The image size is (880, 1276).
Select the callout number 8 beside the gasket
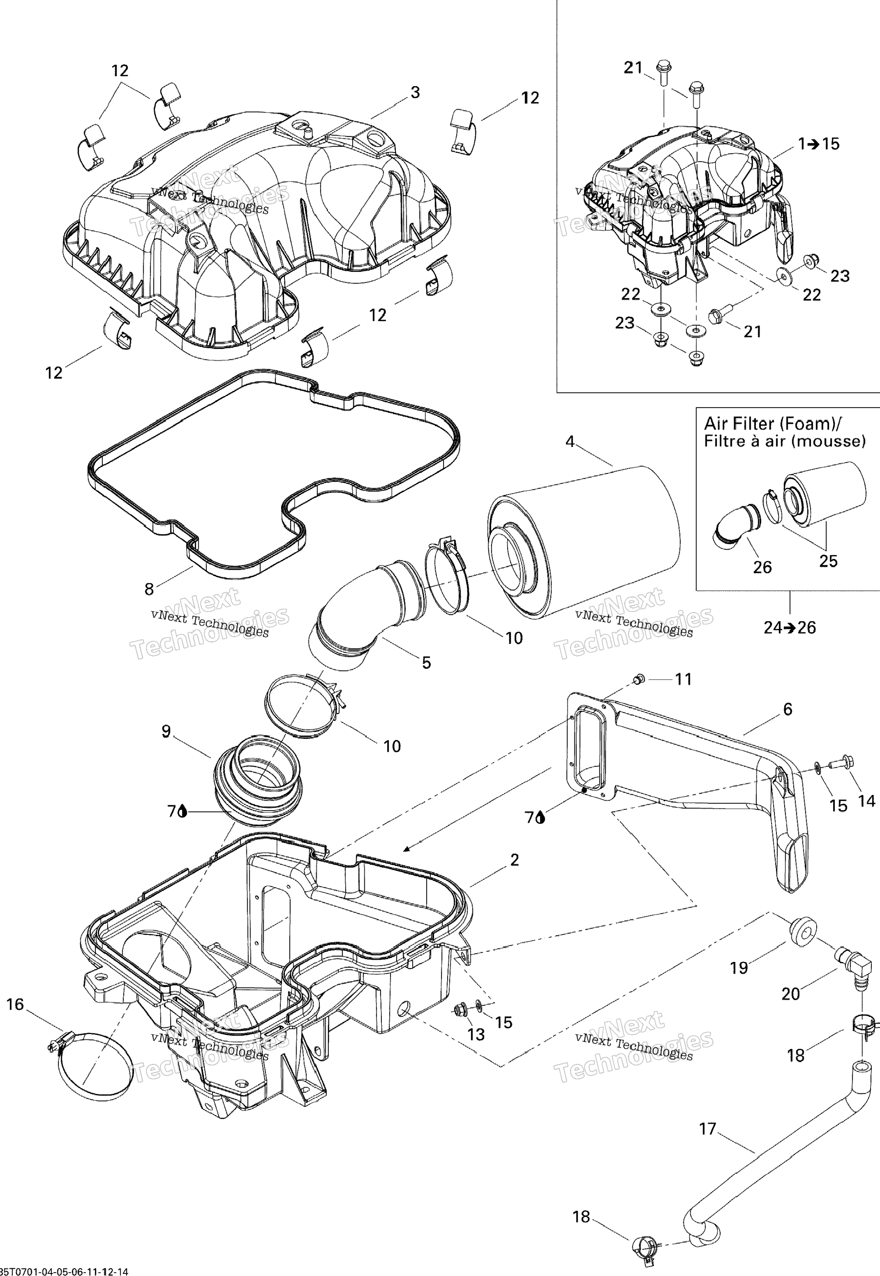tap(149, 589)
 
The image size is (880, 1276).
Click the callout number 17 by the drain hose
tap(707, 1130)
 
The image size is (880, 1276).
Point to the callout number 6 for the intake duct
tap(787, 709)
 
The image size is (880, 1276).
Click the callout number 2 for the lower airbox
tap(514, 860)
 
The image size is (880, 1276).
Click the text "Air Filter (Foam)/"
tap(773, 424)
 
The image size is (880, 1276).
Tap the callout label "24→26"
tap(789, 627)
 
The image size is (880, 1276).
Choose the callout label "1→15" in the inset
tap(818, 144)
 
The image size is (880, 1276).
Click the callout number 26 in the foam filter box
tap(762, 567)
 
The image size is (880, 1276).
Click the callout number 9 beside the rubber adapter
tap(166, 731)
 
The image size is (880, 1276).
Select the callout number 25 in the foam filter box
tap(828, 561)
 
